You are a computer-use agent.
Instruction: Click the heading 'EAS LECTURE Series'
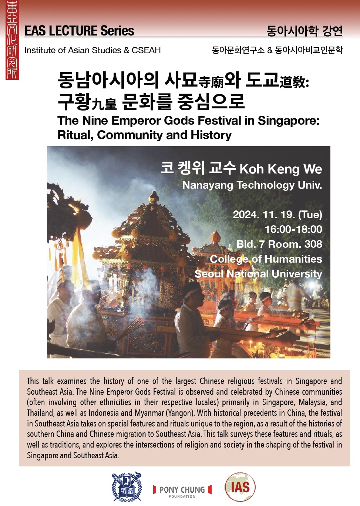pyautogui.click(x=79, y=31)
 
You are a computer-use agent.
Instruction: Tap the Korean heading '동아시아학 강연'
pyautogui.click(x=305, y=31)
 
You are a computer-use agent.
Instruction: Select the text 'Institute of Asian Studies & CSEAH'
pyautogui.click(x=92, y=50)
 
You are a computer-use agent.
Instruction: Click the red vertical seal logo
pyautogui.click(x=12, y=40)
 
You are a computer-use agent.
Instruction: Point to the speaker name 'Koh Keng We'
pyautogui.click(x=281, y=169)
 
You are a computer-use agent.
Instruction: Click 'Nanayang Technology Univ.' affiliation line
pyautogui.click(x=252, y=185)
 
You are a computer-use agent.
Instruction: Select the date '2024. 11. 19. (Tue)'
pyautogui.click(x=277, y=215)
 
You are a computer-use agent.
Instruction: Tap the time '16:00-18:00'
pyautogui.click(x=293, y=229)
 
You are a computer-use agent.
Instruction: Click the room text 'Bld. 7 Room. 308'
pyautogui.click(x=279, y=244)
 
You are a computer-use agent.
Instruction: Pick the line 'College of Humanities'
pyautogui.click(x=266, y=259)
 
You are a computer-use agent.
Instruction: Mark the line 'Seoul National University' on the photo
pyautogui.click(x=258, y=274)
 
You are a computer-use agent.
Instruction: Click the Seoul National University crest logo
pyautogui.click(x=127, y=487)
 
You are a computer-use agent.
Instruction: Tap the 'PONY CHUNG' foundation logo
pyautogui.click(x=182, y=490)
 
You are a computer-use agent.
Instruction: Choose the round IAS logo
pyautogui.click(x=240, y=487)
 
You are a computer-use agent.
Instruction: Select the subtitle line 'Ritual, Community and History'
pyautogui.click(x=144, y=135)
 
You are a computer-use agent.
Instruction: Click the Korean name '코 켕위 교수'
pyautogui.click(x=198, y=168)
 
